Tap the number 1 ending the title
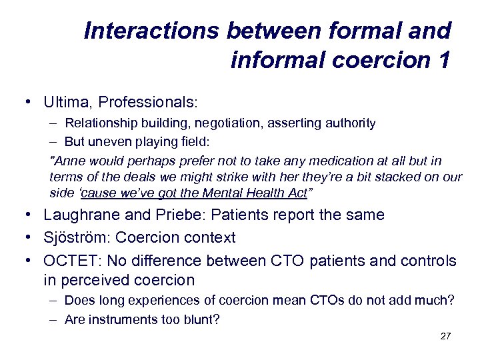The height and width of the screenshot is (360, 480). [442, 60]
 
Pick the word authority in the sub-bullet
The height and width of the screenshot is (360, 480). [351, 123]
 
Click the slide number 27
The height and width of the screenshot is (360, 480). [445, 336]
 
